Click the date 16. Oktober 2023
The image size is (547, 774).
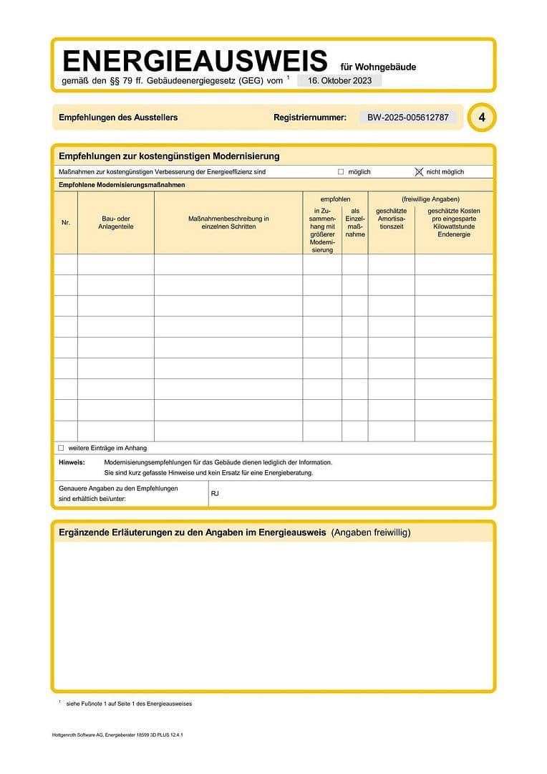tap(339, 81)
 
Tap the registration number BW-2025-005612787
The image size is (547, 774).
tap(408, 118)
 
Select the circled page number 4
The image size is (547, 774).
tap(481, 118)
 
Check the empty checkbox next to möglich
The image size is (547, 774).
tap(341, 172)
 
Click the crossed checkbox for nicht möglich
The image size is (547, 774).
tap(420, 172)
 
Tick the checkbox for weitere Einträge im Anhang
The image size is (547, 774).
tap(61, 448)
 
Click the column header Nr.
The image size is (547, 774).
tap(66, 223)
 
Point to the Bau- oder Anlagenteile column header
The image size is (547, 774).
tap(116, 223)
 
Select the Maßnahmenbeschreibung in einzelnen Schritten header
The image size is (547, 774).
tap(228, 223)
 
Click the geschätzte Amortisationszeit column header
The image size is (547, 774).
tap(392, 219)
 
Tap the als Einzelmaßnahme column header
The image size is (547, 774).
tap(355, 223)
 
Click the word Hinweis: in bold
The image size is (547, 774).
tap(72, 462)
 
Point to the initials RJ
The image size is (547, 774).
tap(215, 494)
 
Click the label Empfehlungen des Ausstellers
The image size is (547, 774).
tap(118, 118)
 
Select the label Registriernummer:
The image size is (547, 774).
tap(310, 118)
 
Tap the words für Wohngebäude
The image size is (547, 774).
tap(383, 67)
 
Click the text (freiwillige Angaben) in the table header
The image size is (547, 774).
tap(430, 199)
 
